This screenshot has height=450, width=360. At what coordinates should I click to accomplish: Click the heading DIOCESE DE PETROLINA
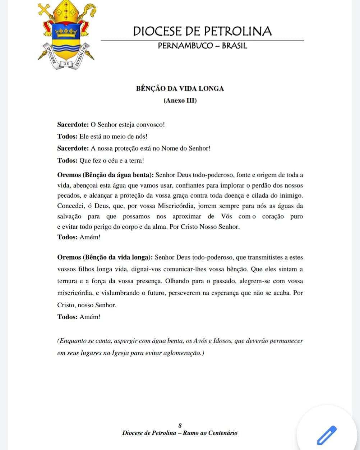pos(202,31)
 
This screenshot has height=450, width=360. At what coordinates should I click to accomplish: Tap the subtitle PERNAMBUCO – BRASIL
pos(202,46)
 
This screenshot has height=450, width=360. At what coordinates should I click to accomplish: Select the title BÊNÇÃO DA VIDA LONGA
pos(180,88)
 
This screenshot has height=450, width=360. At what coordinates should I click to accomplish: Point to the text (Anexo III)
pos(180,101)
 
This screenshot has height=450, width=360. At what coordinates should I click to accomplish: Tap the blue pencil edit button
pos(327,435)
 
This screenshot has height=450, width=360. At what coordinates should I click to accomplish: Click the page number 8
pos(180,426)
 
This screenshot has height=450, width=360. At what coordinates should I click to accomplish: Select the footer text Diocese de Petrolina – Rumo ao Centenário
pos(180,433)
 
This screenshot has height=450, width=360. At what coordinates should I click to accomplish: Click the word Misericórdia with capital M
pos(177,206)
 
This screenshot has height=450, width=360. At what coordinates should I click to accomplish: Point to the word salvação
pos(69,216)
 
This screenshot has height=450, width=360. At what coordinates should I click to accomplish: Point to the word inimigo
pos(290,196)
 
